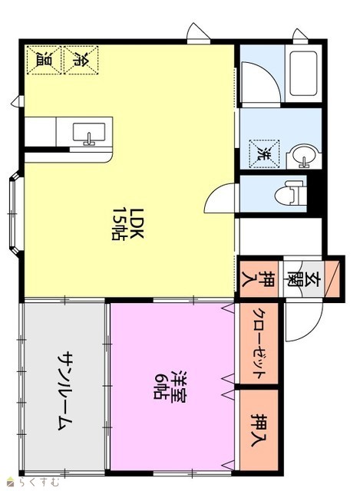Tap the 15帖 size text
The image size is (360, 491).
pyautogui.click(x=118, y=223)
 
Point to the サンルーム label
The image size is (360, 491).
pyautogui.click(x=65, y=390)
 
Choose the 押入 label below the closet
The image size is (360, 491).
pyautogui.click(x=259, y=430)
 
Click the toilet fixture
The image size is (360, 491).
pyautogui.click(x=291, y=196)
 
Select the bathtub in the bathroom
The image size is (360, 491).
pyautogui.click(x=304, y=74)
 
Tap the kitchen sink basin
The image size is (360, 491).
pyautogui.click(x=89, y=133)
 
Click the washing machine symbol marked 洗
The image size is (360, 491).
pyautogui.click(x=264, y=153)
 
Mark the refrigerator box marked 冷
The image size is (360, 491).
pyautogui.click(x=81, y=60)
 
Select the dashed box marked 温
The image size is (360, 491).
pyautogui.click(x=44, y=60)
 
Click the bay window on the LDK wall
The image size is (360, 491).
pyautogui.click(x=15, y=213)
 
